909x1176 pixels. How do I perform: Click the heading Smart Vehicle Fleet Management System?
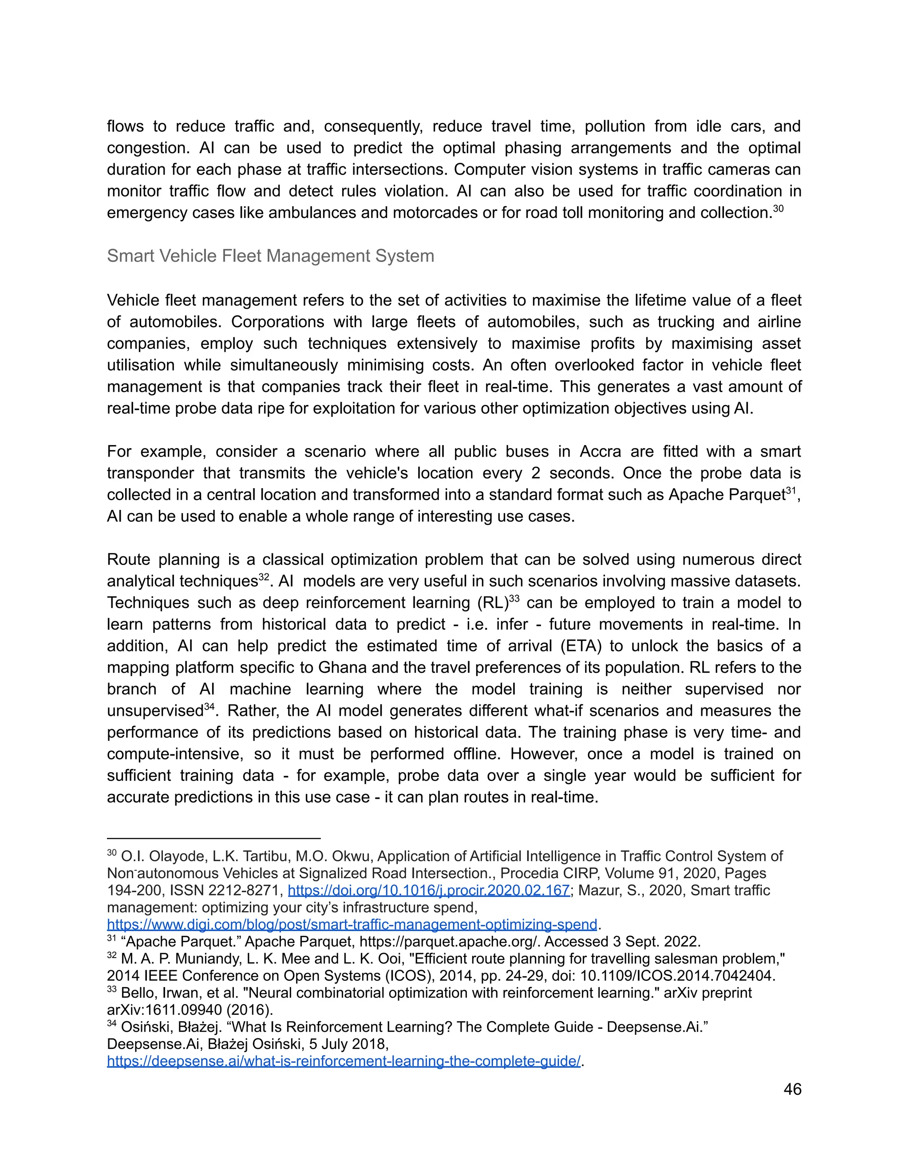point(270,256)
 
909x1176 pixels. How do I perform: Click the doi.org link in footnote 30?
point(429,891)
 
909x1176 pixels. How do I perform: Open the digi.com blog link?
point(352,924)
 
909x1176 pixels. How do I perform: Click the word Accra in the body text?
point(602,451)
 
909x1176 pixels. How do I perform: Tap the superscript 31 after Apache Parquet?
point(790,490)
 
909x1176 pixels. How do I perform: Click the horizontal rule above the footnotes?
point(214,838)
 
